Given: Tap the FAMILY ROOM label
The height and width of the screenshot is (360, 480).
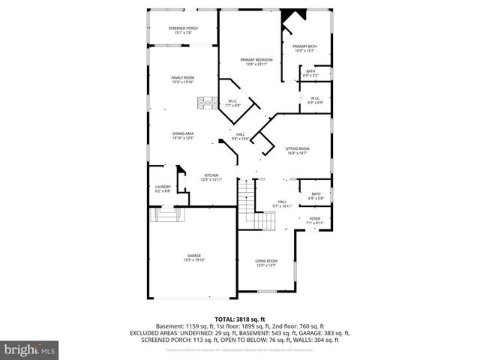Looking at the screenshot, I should click(x=183, y=79).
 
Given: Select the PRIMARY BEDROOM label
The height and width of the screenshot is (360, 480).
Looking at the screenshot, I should click(x=256, y=61).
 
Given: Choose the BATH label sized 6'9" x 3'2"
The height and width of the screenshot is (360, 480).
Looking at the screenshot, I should click(x=310, y=73).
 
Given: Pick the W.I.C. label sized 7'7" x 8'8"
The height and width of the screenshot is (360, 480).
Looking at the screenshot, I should click(x=233, y=103).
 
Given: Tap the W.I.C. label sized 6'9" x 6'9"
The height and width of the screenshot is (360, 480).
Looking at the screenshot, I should click(x=314, y=99).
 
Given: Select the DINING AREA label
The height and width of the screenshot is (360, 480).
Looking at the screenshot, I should click(x=183, y=135).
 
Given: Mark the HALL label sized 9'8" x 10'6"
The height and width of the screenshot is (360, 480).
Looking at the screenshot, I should click(x=241, y=136).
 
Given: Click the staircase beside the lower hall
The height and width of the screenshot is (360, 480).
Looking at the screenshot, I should click(x=255, y=210).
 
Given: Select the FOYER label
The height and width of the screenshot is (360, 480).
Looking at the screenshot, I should click(x=315, y=220).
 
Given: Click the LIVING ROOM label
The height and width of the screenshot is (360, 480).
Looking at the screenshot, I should click(x=266, y=262).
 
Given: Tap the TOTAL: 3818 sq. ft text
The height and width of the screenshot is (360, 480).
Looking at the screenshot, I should click(x=239, y=319).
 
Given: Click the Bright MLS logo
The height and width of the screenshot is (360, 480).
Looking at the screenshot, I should click(x=29, y=349).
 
